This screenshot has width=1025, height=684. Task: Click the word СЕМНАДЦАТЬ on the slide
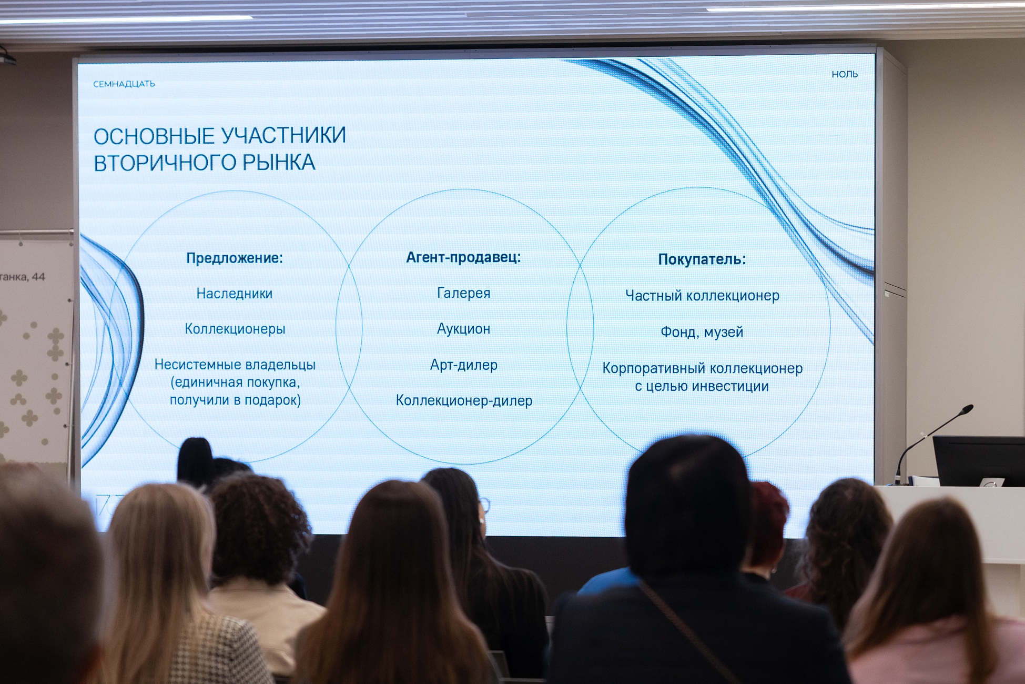coord(124,84)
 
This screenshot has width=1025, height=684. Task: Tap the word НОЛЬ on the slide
coord(845,75)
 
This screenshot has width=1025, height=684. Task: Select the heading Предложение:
coord(235,258)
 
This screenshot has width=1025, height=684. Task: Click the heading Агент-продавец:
coord(463,257)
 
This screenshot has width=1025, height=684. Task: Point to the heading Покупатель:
coord(702,259)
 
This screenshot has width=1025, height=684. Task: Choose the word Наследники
coord(235,294)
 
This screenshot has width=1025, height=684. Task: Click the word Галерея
coord(464,293)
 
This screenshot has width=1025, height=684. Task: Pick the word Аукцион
coord(464,329)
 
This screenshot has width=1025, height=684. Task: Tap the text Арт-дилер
coord(464,365)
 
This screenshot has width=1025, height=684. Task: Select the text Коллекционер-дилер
coord(464,401)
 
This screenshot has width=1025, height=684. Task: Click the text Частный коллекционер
coord(702,296)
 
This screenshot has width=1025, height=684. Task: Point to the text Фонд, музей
coord(702,332)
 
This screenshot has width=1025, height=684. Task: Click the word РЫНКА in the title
coord(278,163)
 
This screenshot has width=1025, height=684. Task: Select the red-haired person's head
coord(769,526)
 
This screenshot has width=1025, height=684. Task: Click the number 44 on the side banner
coord(38,277)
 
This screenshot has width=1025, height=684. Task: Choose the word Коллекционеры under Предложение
coord(235,329)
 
